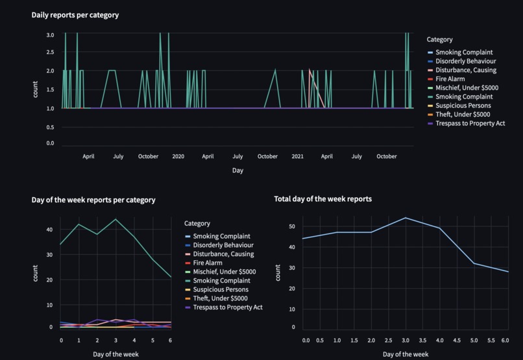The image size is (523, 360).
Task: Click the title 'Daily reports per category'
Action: [x=75, y=15]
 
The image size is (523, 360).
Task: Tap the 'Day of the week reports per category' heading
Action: [x=93, y=200]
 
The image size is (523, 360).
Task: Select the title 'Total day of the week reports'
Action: [x=322, y=199]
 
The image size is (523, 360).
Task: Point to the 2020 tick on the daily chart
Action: [x=178, y=156]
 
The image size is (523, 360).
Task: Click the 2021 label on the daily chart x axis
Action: [x=297, y=156]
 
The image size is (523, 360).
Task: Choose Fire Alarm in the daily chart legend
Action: [x=450, y=78]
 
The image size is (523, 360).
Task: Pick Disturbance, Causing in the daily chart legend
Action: [x=465, y=70]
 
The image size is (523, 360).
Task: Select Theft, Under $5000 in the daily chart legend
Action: [x=463, y=114]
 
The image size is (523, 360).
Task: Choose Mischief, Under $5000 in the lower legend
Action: [x=225, y=272]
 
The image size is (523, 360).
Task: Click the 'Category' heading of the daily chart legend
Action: [x=439, y=40]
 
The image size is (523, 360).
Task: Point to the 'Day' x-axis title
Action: [x=237, y=170]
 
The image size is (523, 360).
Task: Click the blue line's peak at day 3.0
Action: [x=405, y=217]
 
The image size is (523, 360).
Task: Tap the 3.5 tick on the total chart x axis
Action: [x=422, y=339]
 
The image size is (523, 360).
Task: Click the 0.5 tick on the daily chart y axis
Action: [x=50, y=127]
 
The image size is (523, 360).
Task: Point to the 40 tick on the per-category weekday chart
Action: [x=49, y=230]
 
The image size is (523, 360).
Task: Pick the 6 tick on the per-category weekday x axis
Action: [x=171, y=339]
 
